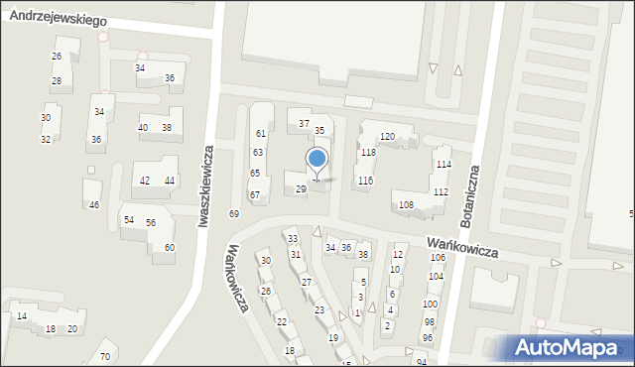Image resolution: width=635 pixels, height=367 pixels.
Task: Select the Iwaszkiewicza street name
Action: point(205,188)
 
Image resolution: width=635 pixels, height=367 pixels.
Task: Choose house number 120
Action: point(387,136)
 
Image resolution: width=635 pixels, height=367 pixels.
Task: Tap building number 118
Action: point(368,153)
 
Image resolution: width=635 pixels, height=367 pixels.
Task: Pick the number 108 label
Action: point(406,205)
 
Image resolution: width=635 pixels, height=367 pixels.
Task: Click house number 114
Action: point(443,165)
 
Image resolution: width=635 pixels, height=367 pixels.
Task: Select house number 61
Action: point(260,133)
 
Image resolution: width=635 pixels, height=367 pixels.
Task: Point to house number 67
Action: point(255,195)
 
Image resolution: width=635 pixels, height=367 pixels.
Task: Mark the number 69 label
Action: point(234,214)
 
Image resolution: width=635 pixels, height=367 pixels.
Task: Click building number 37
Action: point(305,124)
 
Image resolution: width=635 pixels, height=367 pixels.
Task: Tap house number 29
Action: point(301,188)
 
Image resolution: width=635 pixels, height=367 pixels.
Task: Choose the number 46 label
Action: point(94,205)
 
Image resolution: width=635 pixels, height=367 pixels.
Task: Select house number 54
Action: point(128,219)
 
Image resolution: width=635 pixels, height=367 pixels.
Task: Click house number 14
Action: point(21,316)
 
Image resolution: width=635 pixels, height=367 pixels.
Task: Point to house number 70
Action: point(104,356)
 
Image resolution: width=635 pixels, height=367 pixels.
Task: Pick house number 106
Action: point(437,258)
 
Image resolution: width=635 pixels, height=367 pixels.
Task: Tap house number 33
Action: point(292,239)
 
